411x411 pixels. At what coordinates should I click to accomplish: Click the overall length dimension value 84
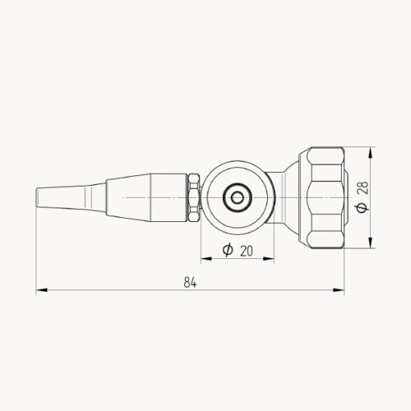click(190, 282)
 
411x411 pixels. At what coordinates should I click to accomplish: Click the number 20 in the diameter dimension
click(246, 250)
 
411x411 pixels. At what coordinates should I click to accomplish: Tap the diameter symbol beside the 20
click(226, 250)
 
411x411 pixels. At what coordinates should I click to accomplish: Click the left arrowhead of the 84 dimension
click(39, 289)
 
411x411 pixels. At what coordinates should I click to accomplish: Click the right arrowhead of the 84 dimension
click(340, 289)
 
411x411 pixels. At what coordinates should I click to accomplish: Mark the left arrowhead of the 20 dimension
click(205, 258)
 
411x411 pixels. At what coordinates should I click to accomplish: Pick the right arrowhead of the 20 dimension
click(270, 258)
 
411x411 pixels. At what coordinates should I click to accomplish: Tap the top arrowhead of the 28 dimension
click(372, 152)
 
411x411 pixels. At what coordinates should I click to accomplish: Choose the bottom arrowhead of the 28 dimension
click(372, 243)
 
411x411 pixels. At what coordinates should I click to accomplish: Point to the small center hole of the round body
click(238, 197)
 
